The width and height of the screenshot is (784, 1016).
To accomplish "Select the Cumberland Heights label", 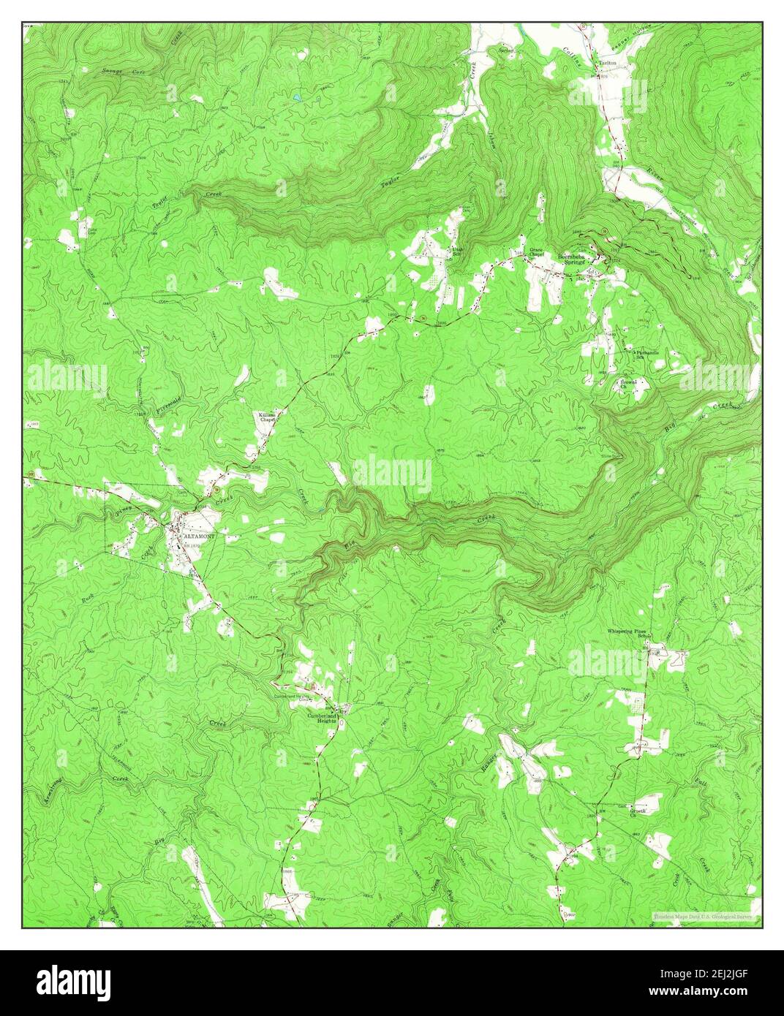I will coord(323,717).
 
